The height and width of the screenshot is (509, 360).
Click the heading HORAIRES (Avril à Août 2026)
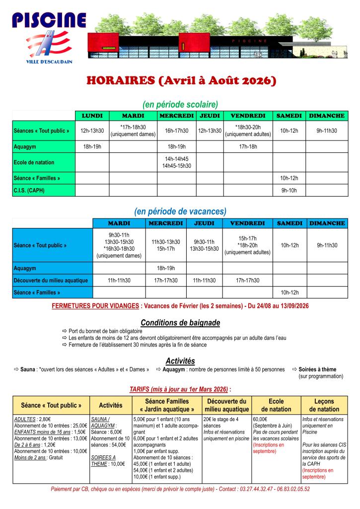pos(180,80)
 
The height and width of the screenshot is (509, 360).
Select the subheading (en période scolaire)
pos(180,104)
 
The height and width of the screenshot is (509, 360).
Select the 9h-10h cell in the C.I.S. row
pos(288,190)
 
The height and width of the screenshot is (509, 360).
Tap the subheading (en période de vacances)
pos(180,211)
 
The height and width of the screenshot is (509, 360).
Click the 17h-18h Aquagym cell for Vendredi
pos(247,146)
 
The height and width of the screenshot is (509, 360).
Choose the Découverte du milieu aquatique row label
pos(51,281)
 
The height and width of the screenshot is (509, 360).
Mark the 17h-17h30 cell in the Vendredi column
pos(247,281)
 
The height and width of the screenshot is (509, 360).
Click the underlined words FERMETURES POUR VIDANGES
pos(95,306)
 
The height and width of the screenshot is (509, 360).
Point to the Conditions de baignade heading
pos(180,323)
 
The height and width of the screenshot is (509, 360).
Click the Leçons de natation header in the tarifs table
pos(324,405)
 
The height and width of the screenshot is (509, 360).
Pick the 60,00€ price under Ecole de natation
pos(260,419)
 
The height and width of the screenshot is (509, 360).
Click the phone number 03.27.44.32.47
pos(255,489)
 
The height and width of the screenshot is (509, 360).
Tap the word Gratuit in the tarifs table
pos(56,458)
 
